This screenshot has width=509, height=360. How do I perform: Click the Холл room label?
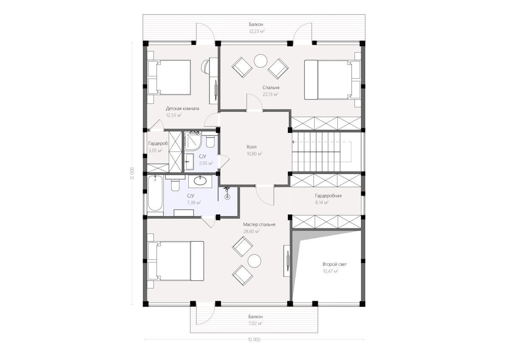(251, 147)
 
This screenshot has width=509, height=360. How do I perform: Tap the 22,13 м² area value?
(271, 94)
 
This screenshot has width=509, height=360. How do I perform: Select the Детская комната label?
(182, 109)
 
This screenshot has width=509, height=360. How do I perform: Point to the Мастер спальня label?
(259, 225)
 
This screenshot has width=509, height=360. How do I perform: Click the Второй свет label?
(335, 264)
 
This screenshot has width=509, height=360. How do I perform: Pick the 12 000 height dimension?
(132, 173)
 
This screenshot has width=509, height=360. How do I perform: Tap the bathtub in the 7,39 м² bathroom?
(155, 194)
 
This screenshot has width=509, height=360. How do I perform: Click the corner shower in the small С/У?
(193, 142)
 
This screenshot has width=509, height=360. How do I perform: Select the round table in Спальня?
(260, 61)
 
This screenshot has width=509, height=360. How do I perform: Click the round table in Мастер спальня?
(254, 261)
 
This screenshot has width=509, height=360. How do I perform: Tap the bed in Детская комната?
(169, 77)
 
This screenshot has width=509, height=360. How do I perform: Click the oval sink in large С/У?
(200, 181)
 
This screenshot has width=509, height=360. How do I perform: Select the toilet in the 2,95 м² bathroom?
(210, 141)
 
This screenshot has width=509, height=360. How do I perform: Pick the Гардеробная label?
(328, 196)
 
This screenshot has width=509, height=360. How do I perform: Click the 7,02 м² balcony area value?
(256, 323)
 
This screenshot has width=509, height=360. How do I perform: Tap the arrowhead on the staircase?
(294, 142)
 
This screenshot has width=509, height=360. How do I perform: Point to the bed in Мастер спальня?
(176, 261)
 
